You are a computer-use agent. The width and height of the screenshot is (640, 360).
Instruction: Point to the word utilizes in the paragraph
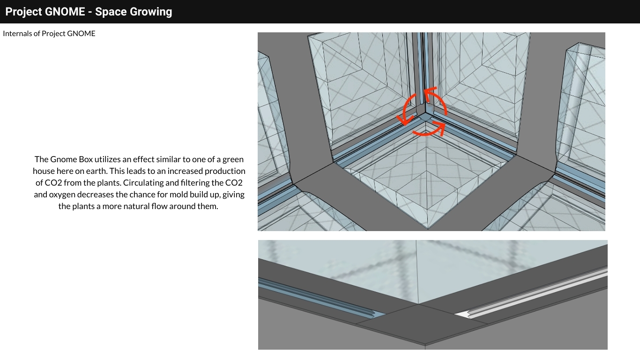[107, 159]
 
